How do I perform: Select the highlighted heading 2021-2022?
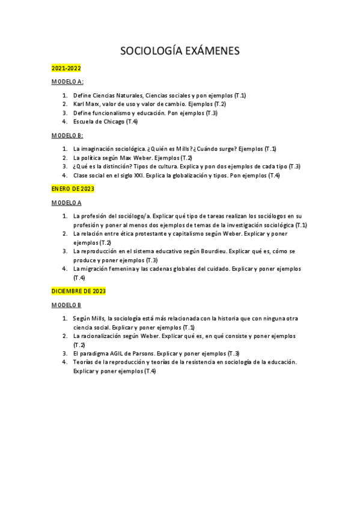[x=66, y=69]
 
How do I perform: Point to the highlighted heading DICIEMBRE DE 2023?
[x=78, y=291]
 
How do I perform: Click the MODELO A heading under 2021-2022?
[x=67, y=81]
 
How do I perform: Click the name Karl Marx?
[x=87, y=104]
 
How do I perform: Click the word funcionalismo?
[x=109, y=113]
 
